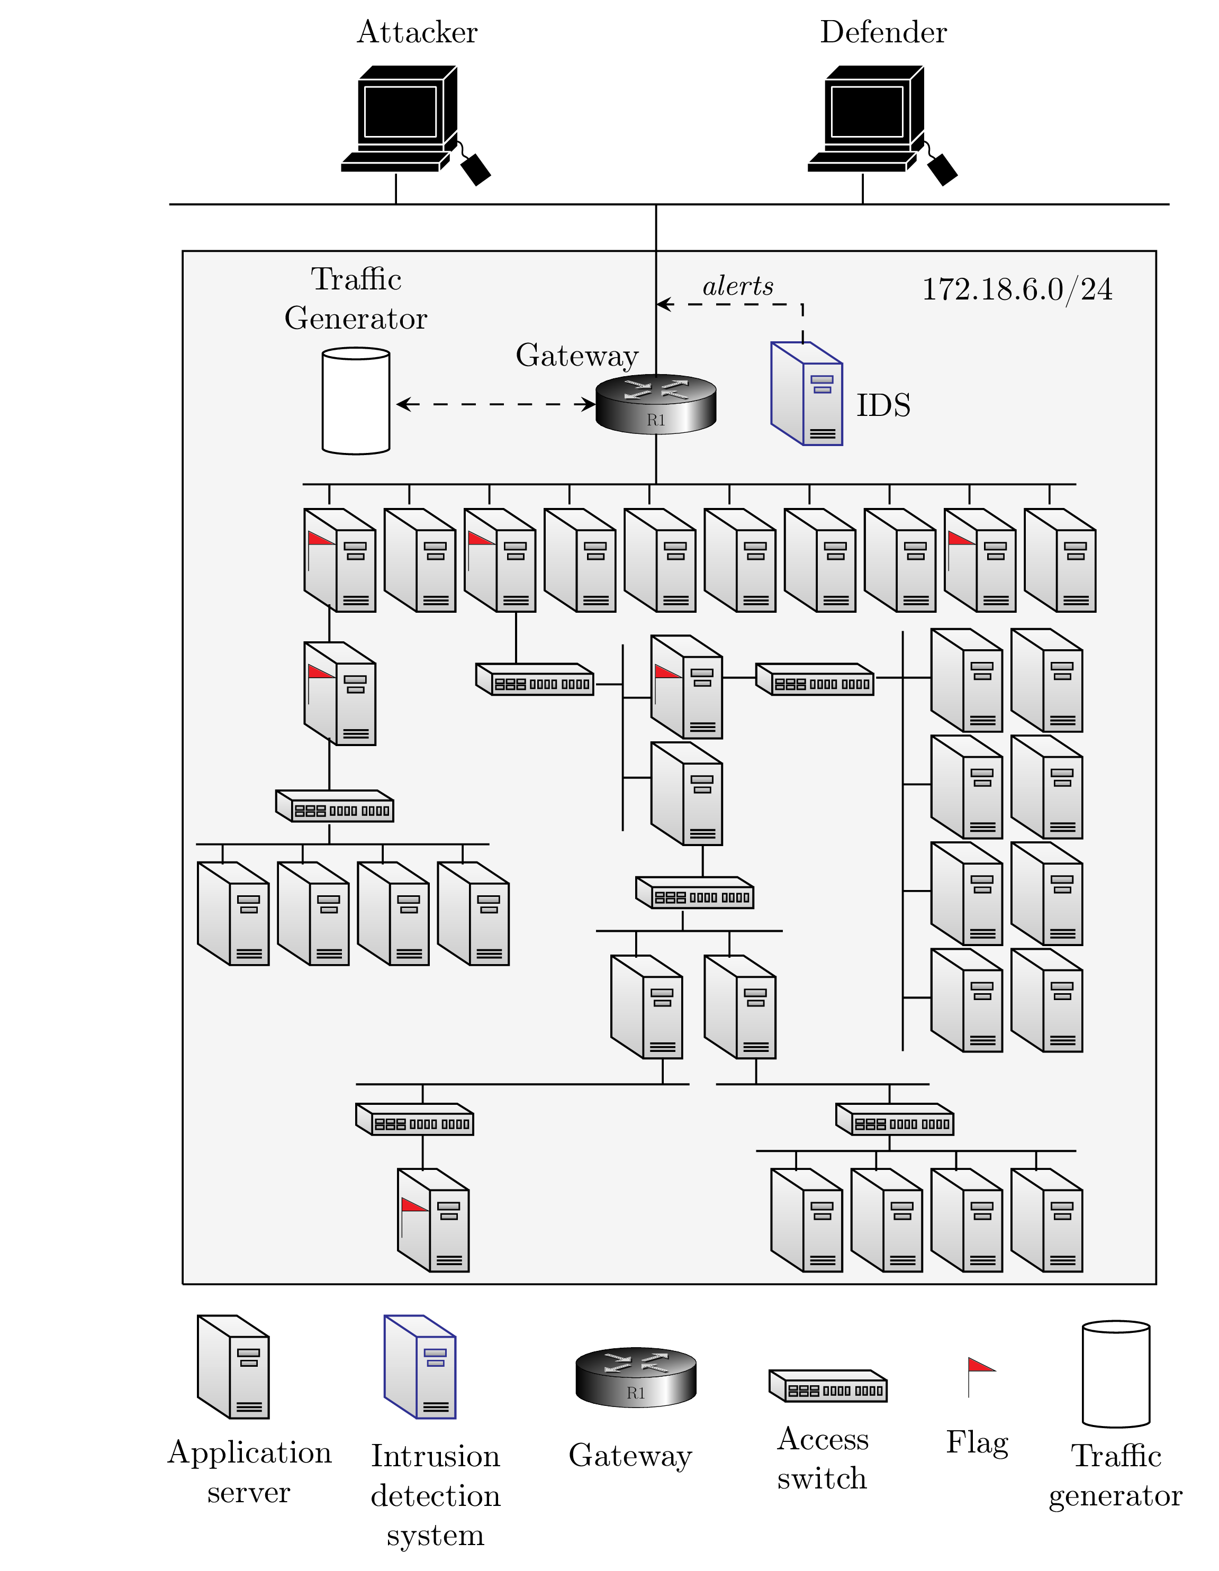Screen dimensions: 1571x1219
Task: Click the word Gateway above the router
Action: point(576,356)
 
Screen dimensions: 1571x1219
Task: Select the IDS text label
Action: point(883,405)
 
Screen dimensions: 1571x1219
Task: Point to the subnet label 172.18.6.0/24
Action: point(1017,289)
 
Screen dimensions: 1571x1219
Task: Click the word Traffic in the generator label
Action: point(356,279)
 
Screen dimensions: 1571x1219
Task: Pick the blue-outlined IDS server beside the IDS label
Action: point(807,394)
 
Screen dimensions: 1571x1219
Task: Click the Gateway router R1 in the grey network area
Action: point(656,404)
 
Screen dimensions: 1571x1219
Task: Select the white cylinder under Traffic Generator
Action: point(356,402)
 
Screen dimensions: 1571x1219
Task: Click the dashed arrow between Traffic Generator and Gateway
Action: point(495,404)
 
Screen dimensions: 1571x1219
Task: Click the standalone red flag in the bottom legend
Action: point(979,1365)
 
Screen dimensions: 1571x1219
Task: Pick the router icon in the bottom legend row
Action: point(636,1377)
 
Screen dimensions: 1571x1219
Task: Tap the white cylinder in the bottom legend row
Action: point(1115,1374)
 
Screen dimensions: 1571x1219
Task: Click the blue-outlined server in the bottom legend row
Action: point(420,1367)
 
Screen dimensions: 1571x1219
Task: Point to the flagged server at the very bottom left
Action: point(433,1221)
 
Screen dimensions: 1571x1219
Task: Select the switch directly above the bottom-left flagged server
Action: point(415,1119)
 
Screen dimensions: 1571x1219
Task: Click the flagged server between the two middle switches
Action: point(687,687)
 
